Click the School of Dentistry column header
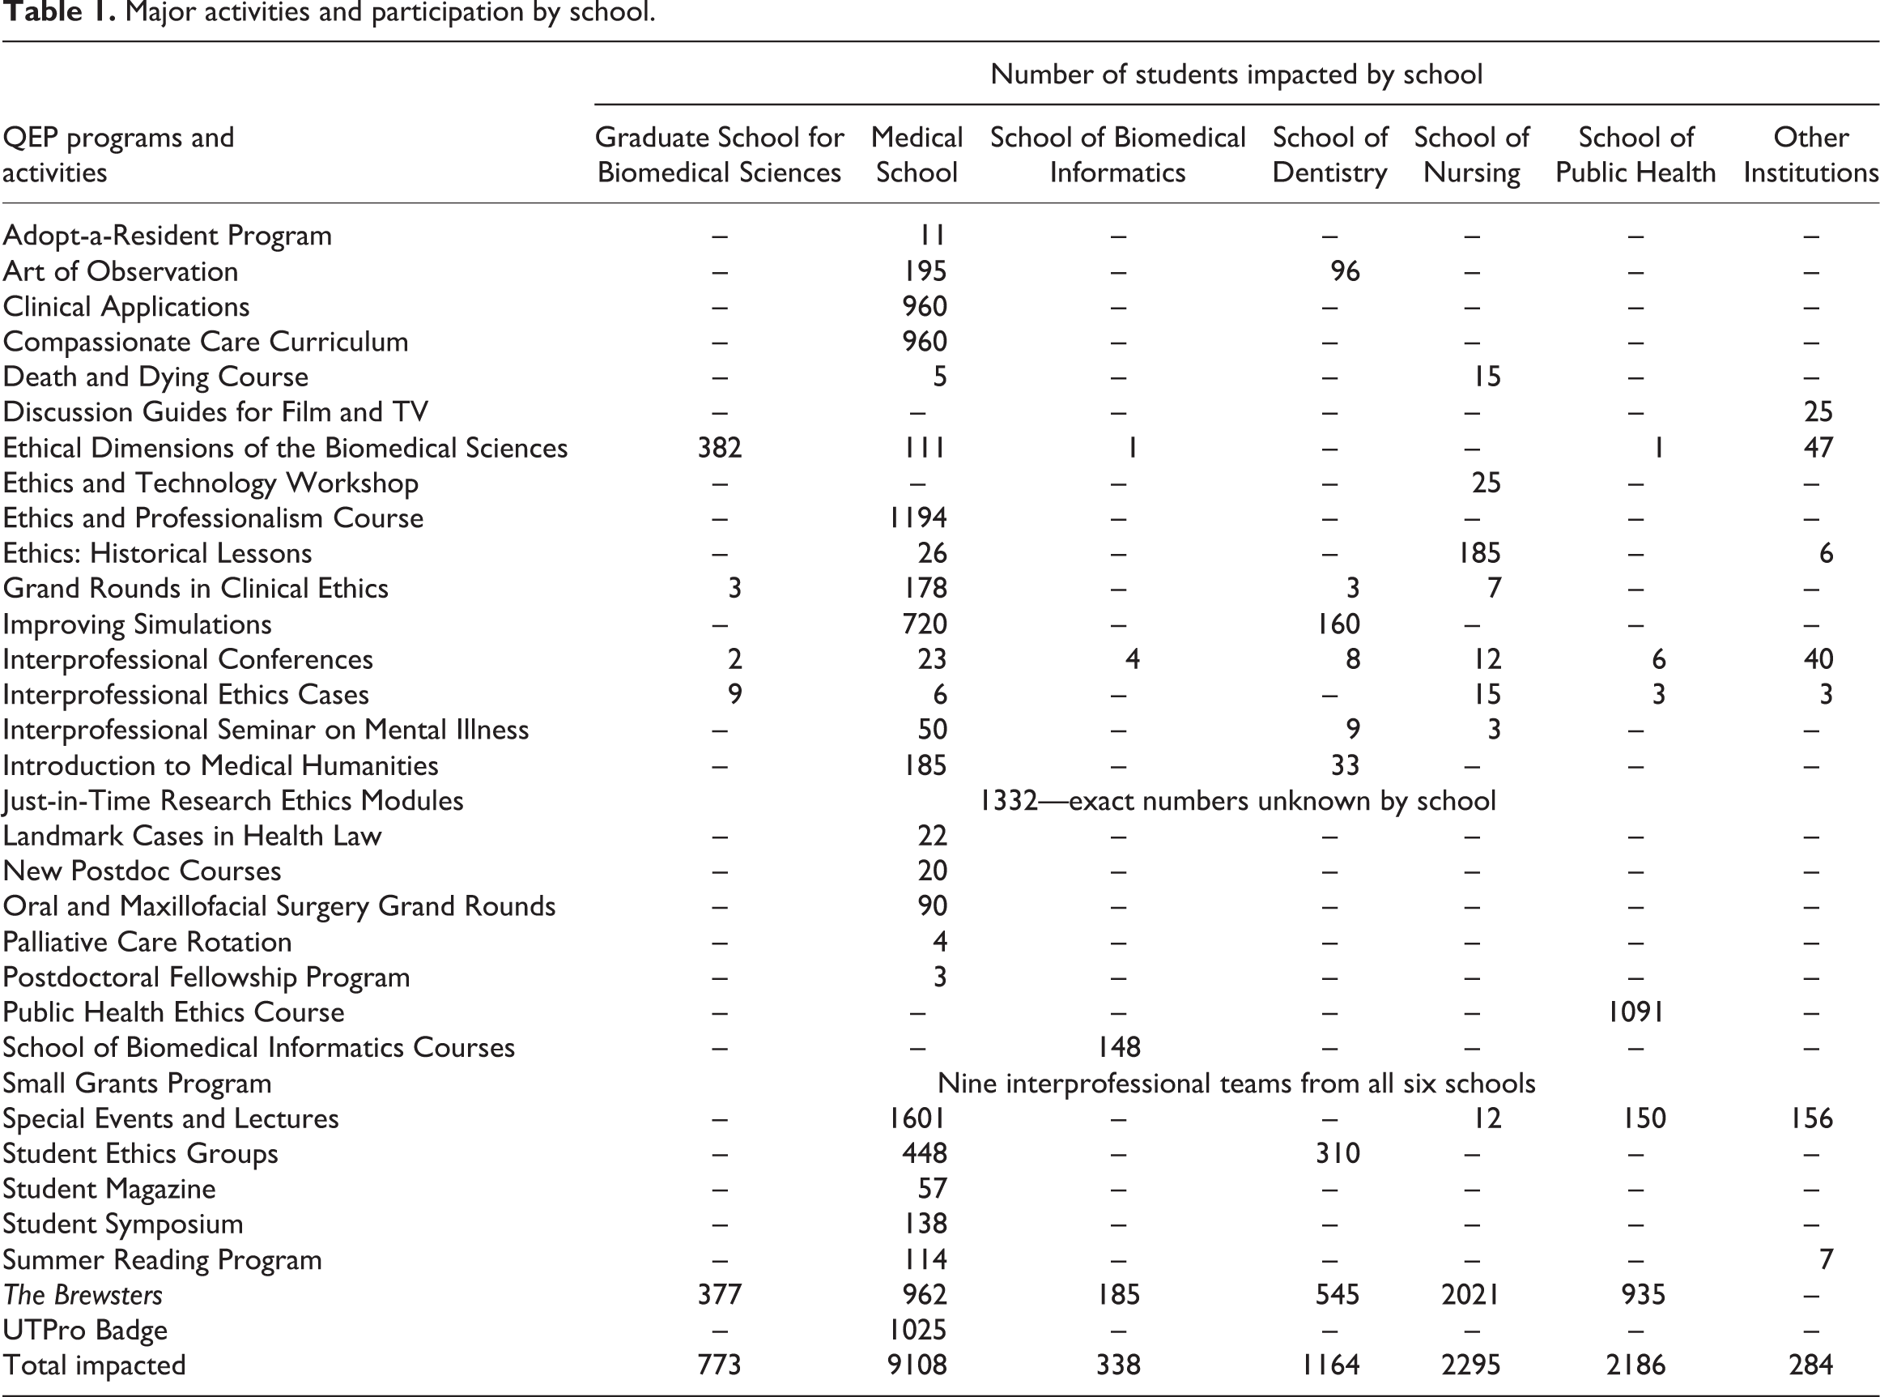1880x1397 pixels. [1329, 155]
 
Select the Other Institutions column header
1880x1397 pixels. [1810, 155]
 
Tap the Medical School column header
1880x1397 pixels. [917, 155]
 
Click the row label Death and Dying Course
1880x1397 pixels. [155, 377]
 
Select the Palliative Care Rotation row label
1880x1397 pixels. [147, 941]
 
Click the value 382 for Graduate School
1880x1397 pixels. [719, 447]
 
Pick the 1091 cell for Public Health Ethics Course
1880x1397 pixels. [1635, 1012]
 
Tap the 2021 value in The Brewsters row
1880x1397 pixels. [1471, 1295]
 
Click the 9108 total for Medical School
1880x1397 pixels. [917, 1365]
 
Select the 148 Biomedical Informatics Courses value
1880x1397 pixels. [1118, 1048]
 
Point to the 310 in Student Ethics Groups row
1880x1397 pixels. [1338, 1153]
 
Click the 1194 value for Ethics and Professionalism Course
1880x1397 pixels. [917, 517]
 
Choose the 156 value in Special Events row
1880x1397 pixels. [1810, 1118]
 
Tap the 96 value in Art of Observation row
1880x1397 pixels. [1345, 270]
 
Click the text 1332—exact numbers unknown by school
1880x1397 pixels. [1238, 800]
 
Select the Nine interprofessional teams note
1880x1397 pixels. [1236, 1084]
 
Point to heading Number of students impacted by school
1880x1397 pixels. [1236, 75]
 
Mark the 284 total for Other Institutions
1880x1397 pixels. [1810, 1365]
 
